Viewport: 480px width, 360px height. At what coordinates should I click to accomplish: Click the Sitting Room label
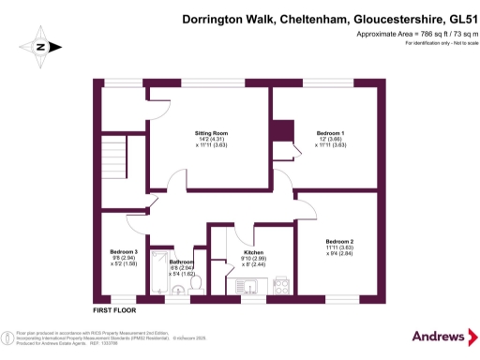coord(211,133)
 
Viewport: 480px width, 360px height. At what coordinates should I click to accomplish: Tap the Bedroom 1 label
coord(328,133)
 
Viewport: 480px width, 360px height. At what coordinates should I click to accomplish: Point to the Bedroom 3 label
coord(124,252)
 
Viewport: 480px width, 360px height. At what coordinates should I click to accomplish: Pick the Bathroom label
coord(181,262)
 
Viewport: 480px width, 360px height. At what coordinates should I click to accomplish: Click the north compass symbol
coord(41,46)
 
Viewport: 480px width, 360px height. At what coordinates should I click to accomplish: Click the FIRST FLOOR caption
coord(115,309)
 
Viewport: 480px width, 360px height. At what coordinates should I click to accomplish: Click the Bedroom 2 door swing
coord(309,208)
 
